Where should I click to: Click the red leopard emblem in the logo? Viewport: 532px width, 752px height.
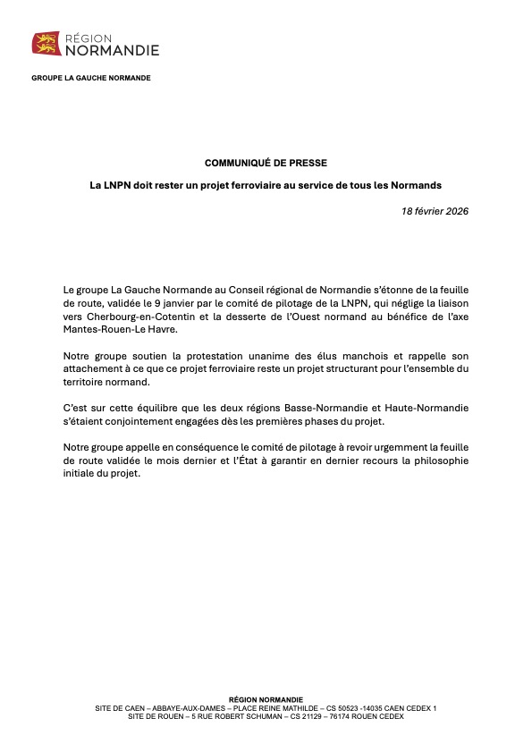[x=45, y=43]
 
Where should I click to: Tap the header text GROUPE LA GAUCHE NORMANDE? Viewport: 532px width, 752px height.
[x=91, y=78]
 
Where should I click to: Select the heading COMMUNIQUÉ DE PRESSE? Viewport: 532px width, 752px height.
[x=266, y=163]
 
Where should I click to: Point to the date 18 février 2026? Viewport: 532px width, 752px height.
[x=435, y=211]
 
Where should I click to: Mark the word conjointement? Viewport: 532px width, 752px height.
[x=137, y=420]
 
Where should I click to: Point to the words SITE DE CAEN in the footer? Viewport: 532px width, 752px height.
[x=119, y=708]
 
